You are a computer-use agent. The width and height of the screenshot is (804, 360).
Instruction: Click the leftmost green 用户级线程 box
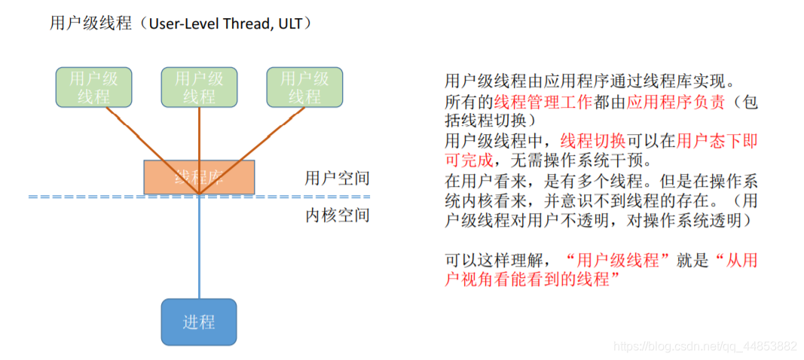(x=93, y=87)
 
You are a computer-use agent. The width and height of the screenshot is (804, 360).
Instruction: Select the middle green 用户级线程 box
(x=199, y=87)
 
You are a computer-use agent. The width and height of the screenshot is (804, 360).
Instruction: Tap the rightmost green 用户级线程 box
(x=304, y=87)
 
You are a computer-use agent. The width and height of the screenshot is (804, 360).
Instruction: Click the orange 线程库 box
(x=199, y=176)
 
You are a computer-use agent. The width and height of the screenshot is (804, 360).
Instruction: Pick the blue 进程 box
(x=199, y=322)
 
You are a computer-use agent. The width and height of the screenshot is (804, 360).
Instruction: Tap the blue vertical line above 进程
(x=199, y=249)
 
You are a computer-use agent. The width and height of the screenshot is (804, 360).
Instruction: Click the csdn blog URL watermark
(x=705, y=346)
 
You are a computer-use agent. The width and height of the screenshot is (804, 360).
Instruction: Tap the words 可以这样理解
(x=493, y=260)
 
